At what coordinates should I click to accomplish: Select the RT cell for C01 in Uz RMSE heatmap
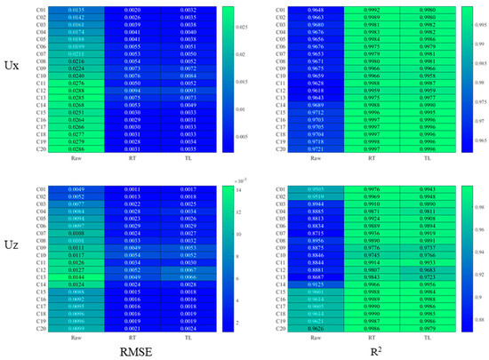point(131,190)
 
